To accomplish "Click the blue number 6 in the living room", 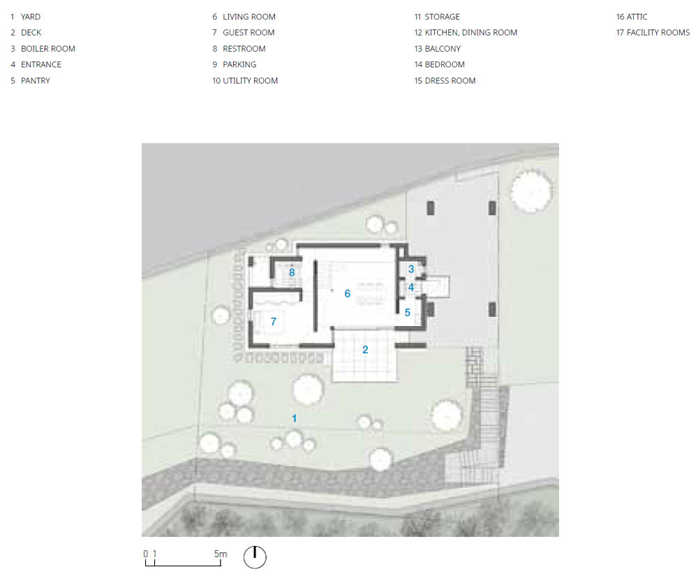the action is tap(347, 293).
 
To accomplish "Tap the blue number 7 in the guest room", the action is tap(274, 321).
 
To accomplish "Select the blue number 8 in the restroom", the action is tap(292, 272).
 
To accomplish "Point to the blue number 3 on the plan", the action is tap(411, 269).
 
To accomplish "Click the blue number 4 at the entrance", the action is tap(411, 288).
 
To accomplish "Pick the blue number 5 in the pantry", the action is tap(408, 313).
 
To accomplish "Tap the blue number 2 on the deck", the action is tap(365, 349).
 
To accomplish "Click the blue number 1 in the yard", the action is tap(295, 418).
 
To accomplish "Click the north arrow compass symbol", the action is tap(255, 557).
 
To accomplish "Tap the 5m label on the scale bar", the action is tap(221, 554).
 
